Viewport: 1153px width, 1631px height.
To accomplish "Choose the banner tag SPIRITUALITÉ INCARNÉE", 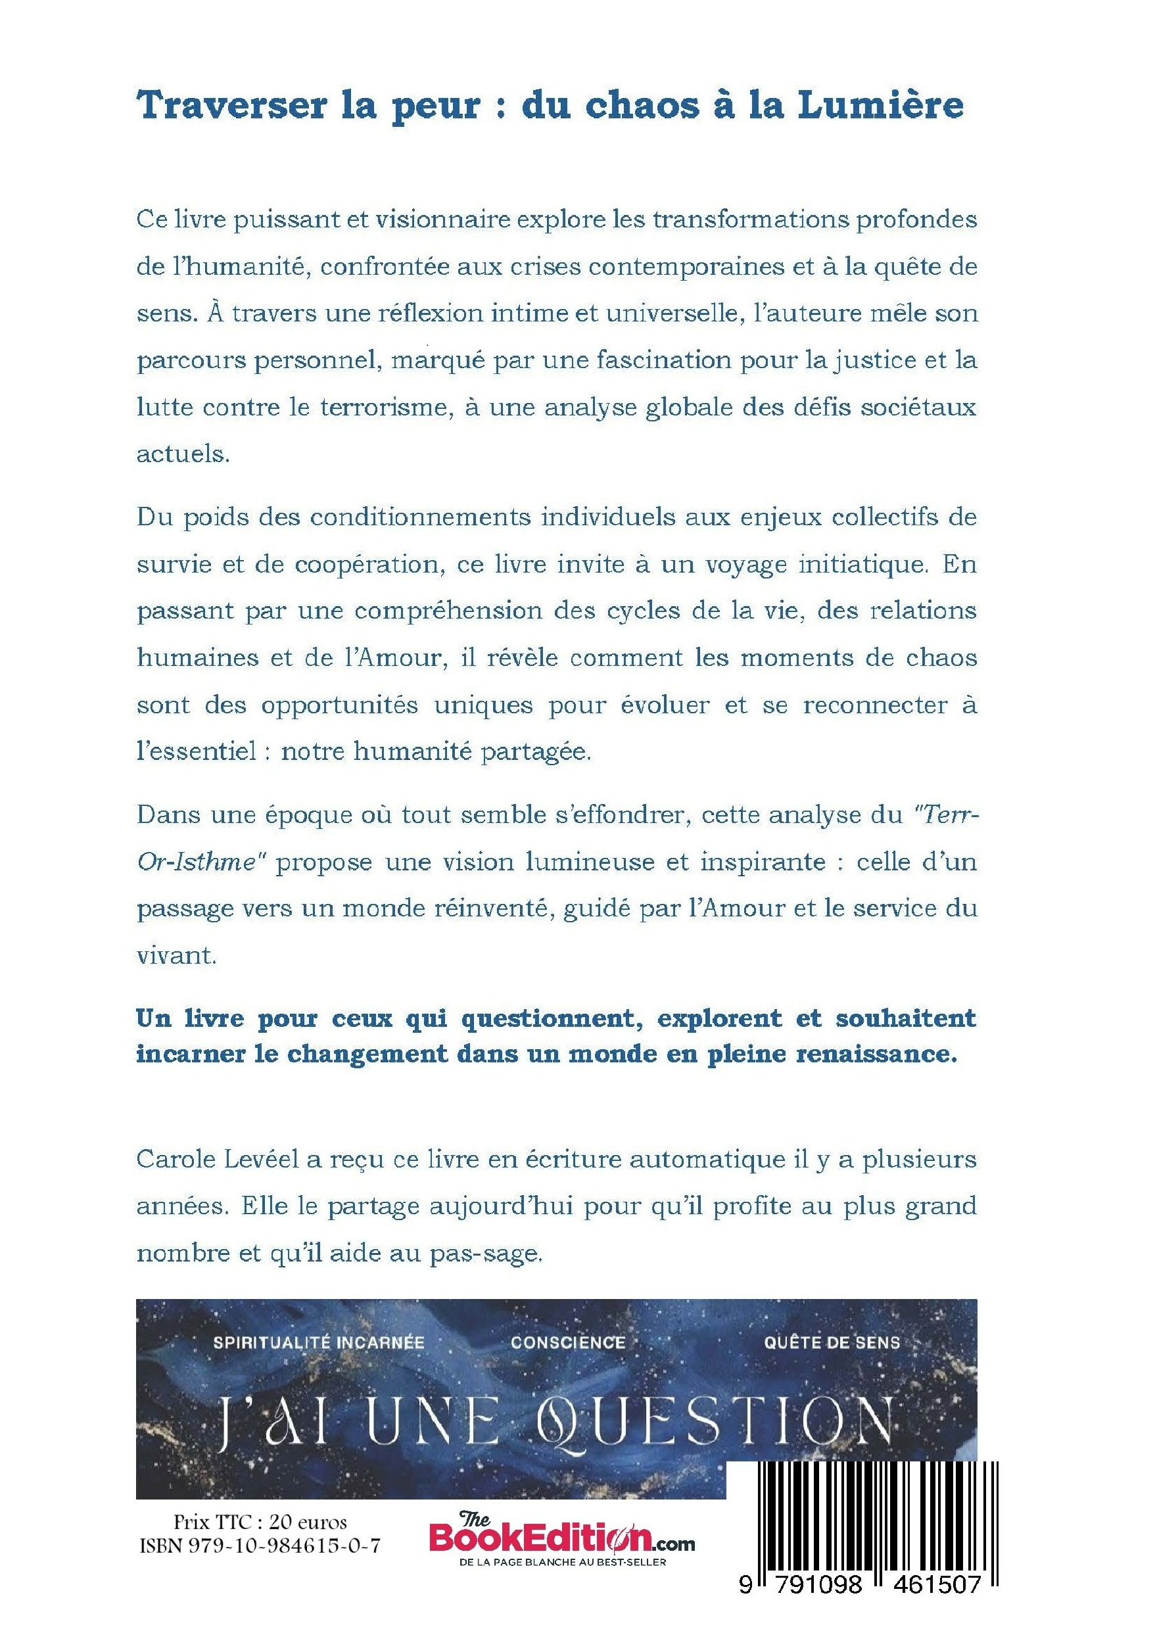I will click(x=319, y=1342).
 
